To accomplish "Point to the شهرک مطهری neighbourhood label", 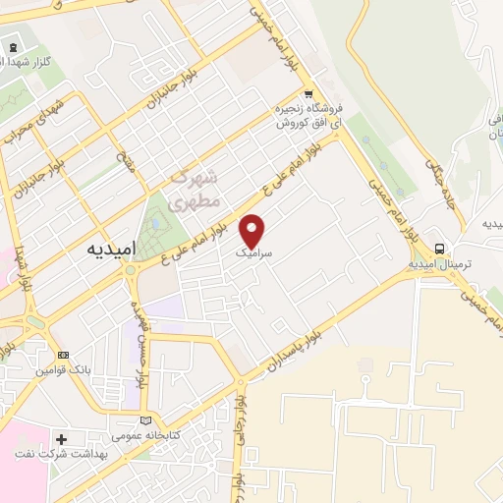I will click(190, 191).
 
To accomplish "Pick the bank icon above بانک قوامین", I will click(64, 356).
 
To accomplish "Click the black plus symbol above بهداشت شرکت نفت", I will click(63, 439).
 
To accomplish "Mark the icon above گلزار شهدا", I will click(13, 47).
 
